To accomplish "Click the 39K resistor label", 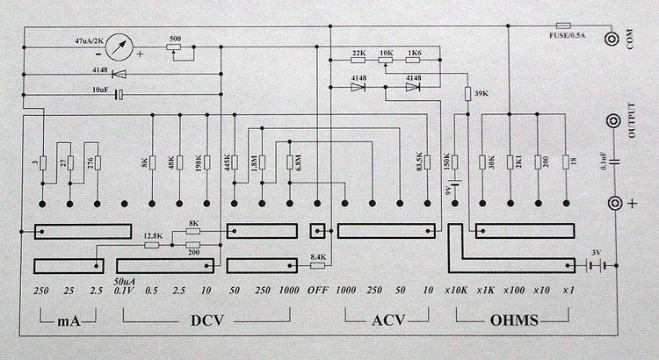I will pos(481,93).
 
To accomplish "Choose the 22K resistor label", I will pos(358,54).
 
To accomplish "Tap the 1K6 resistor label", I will pos(414,54).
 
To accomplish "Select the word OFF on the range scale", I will pos(319,290).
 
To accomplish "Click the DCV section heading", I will pos(208,320).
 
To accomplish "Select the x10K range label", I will pos(457,290).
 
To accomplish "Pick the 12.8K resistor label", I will pos(152,235).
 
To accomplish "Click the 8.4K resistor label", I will pos(317,258).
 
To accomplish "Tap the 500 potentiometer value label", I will pos(175,40).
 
